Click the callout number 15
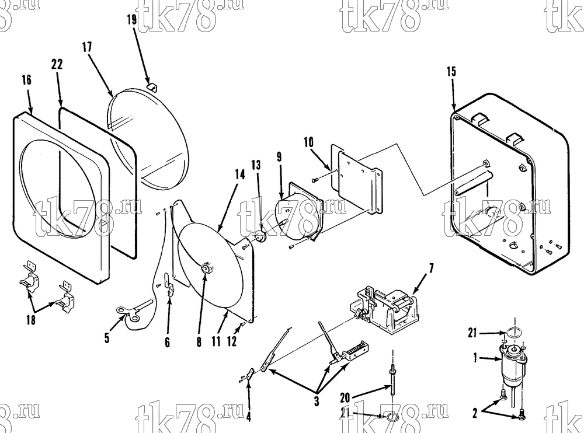[x=451, y=71]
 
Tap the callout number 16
[x=26, y=80]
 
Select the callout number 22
[x=57, y=64]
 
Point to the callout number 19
[x=132, y=19]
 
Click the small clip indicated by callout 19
[x=152, y=86]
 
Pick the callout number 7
[x=432, y=268]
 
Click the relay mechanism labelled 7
[x=384, y=309]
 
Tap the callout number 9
[x=279, y=157]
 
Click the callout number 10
[x=309, y=142]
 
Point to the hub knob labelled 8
[x=206, y=268]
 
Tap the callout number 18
[x=31, y=319]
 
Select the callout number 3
[x=317, y=401]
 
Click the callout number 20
[x=345, y=397]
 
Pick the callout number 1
[x=475, y=358]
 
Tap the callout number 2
[x=475, y=413]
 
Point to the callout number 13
[x=256, y=165]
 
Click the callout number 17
[x=87, y=47]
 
